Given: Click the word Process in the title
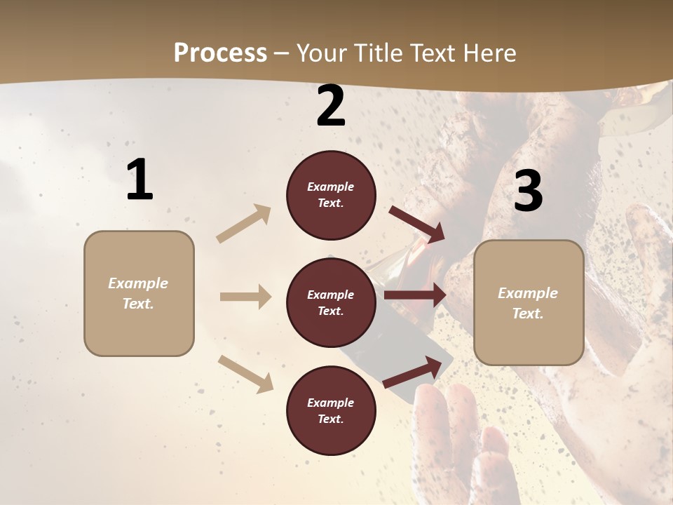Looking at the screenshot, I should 220,53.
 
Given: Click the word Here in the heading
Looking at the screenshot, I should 489,53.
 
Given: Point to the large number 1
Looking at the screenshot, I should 140,180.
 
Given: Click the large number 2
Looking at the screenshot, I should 331,106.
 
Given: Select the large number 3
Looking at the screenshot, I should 528,191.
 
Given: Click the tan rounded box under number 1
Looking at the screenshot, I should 139,293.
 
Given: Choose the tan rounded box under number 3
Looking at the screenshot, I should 529,302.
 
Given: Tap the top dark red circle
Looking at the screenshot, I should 331,194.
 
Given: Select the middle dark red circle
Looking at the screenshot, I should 331,302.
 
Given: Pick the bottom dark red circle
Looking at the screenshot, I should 331,410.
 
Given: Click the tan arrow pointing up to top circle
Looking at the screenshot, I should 244,223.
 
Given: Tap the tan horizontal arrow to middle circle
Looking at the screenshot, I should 245,297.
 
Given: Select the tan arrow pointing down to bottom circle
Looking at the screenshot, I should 245,373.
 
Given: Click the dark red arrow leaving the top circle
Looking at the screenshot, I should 416,224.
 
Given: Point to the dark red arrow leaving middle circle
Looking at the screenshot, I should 415,295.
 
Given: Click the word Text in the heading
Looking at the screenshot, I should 434,53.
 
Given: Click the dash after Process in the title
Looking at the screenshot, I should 282,53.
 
